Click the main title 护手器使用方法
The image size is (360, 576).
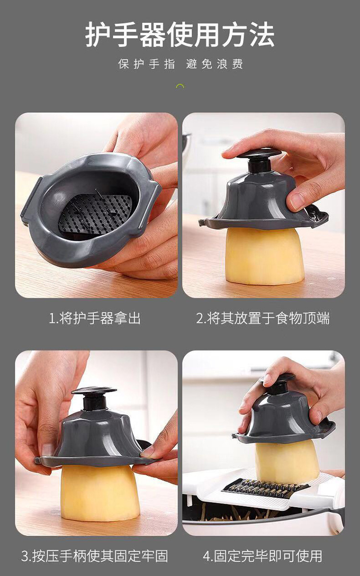[180, 35]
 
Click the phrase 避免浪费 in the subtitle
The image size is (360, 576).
[215, 64]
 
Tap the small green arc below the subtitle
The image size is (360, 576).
[180, 86]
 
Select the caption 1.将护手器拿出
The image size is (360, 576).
[95, 318]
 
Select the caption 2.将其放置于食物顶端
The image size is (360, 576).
[263, 318]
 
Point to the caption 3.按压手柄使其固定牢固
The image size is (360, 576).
[95, 556]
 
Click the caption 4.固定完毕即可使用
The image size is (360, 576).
[263, 556]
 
